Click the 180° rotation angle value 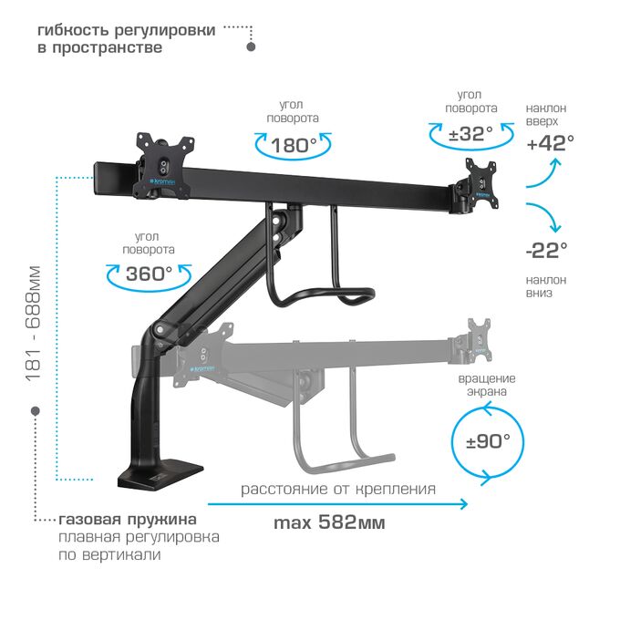point(294,146)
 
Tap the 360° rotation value point(149,274)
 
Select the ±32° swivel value point(470,134)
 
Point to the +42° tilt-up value point(551,143)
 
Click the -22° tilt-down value point(547,251)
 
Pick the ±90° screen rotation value point(488,441)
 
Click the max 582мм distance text point(329,522)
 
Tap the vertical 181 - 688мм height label point(33,324)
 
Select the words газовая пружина point(128,519)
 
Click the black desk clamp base point(160,474)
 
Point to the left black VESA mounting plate point(163,165)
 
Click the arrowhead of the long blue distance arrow point(463,504)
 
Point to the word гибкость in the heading point(71,30)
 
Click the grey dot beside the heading point(251,46)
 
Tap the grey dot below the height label point(36,411)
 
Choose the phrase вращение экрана point(487,385)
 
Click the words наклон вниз point(545,286)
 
